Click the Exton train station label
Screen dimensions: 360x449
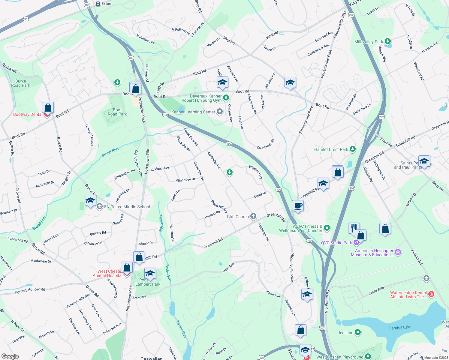[x=106, y=4]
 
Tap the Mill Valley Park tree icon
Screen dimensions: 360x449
[x=388, y=41]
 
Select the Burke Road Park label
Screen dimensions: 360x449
[x=21, y=83]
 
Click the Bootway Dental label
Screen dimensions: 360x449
[x=28, y=114]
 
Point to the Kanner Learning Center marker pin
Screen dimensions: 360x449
[x=220, y=112]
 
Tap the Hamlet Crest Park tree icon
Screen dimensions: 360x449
[x=353, y=149]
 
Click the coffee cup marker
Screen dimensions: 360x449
[x=298, y=206]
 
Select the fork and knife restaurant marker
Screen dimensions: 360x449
[x=354, y=227]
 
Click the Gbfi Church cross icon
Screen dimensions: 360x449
[x=253, y=216]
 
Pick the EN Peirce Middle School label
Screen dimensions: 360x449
[x=127, y=207]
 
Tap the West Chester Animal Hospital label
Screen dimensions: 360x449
[x=107, y=273]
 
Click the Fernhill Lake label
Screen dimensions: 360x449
[x=400, y=328]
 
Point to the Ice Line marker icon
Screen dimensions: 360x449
[x=357, y=332]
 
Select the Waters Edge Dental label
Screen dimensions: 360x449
[x=408, y=295]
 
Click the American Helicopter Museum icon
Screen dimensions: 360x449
[x=398, y=252]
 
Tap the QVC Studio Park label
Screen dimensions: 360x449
[x=336, y=243]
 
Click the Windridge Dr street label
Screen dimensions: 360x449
[x=185, y=180]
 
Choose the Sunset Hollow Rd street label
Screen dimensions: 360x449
[x=30, y=290]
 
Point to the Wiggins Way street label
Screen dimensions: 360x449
[x=256, y=172]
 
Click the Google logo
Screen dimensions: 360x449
[x=10, y=356]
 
